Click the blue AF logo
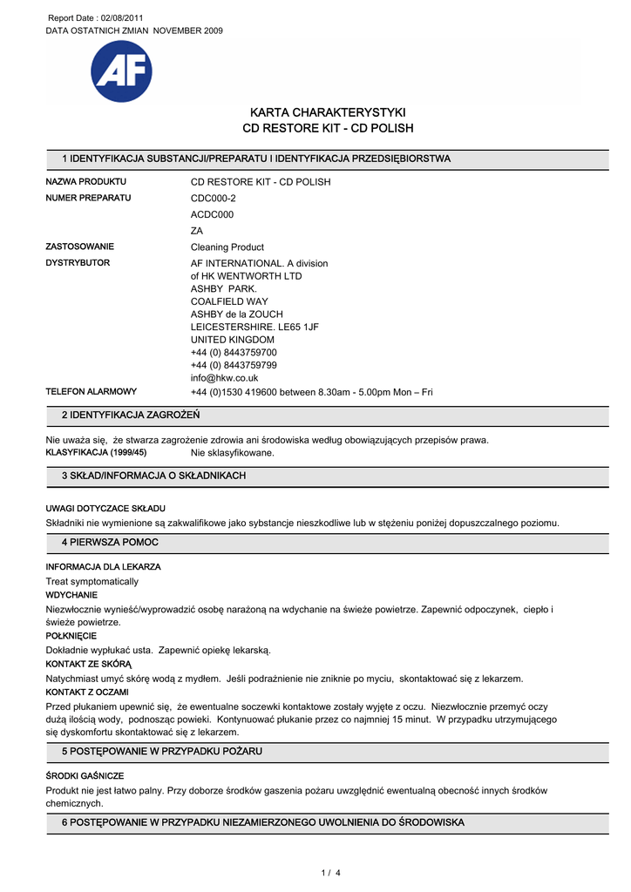pos(121,71)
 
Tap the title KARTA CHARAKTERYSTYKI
pos(328,112)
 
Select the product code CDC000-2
pos(214,198)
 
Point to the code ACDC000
pos(213,214)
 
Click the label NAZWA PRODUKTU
pos(85,182)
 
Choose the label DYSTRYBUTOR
pos(78,263)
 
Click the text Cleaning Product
pos(227,247)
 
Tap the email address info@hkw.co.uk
pos(225,378)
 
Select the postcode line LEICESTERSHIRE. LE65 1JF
pos(254,326)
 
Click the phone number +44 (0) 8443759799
pos(234,365)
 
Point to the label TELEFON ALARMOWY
pos(91,392)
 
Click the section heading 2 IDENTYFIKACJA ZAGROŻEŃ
pos(131,415)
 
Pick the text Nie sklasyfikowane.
pos(233,453)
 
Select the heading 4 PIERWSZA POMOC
pos(110,543)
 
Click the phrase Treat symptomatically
pos(92,581)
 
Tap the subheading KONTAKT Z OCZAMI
pos(86,692)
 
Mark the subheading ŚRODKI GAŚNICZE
pos(85,775)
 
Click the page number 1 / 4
pos(331,873)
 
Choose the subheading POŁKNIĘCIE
pos(71,636)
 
